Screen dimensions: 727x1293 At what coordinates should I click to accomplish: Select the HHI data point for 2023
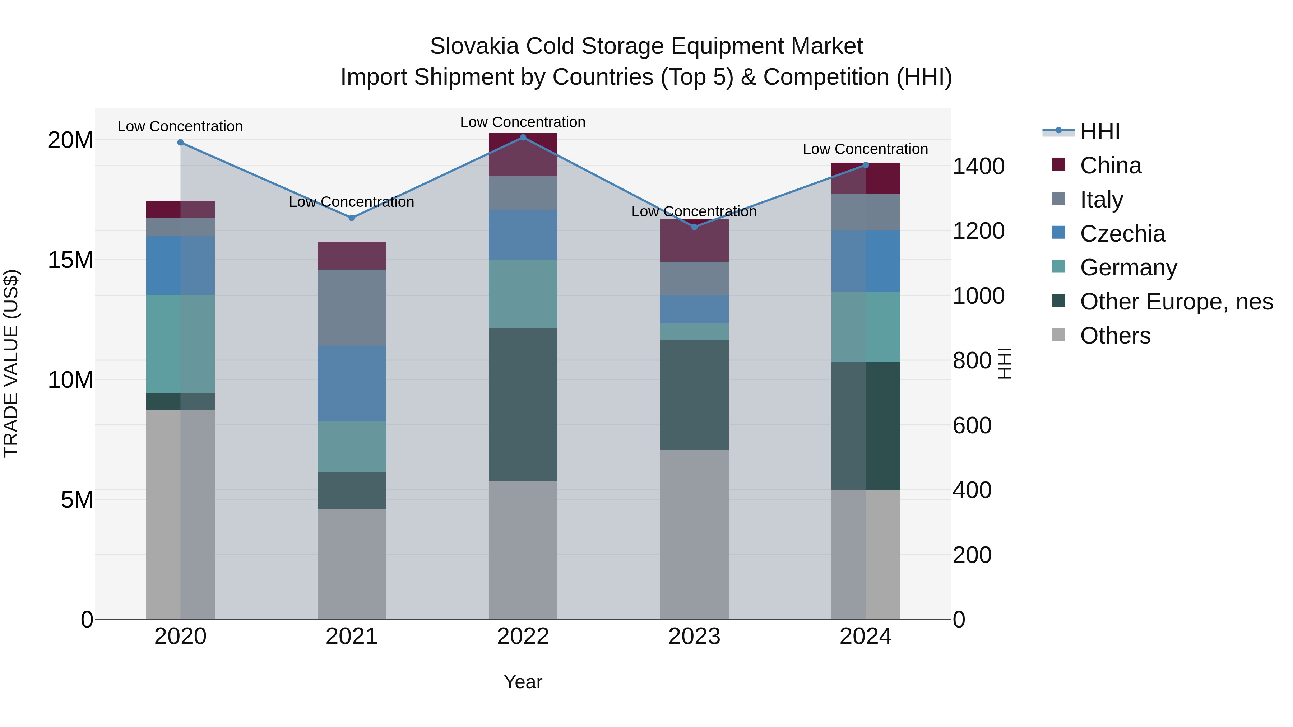pyautogui.click(x=694, y=227)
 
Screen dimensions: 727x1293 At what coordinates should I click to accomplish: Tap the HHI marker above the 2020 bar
pyautogui.click(x=180, y=143)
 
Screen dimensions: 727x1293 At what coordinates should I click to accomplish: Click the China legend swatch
pyautogui.click(x=1058, y=164)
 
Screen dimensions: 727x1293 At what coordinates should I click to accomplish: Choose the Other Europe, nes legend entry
pyautogui.click(x=1176, y=302)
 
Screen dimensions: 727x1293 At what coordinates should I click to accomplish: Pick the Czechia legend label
pyautogui.click(x=1122, y=234)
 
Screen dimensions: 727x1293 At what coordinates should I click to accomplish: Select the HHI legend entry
pyautogui.click(x=1099, y=131)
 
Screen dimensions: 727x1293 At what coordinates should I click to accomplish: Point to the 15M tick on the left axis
pyautogui.click(x=70, y=260)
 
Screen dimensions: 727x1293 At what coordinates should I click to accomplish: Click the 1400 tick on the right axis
pyautogui.click(x=978, y=166)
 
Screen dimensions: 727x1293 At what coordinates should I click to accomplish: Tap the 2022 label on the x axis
pyautogui.click(x=523, y=637)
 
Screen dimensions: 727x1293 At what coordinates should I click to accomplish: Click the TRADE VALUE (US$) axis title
pyautogui.click(x=11, y=363)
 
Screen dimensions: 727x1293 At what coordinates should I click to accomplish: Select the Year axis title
pyautogui.click(x=523, y=682)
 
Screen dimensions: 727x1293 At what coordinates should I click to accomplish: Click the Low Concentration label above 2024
pyautogui.click(x=865, y=149)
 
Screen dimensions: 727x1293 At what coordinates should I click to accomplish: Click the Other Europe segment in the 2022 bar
pyautogui.click(x=523, y=404)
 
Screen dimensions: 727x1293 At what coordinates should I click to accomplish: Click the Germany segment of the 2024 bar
pyautogui.click(x=865, y=327)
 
